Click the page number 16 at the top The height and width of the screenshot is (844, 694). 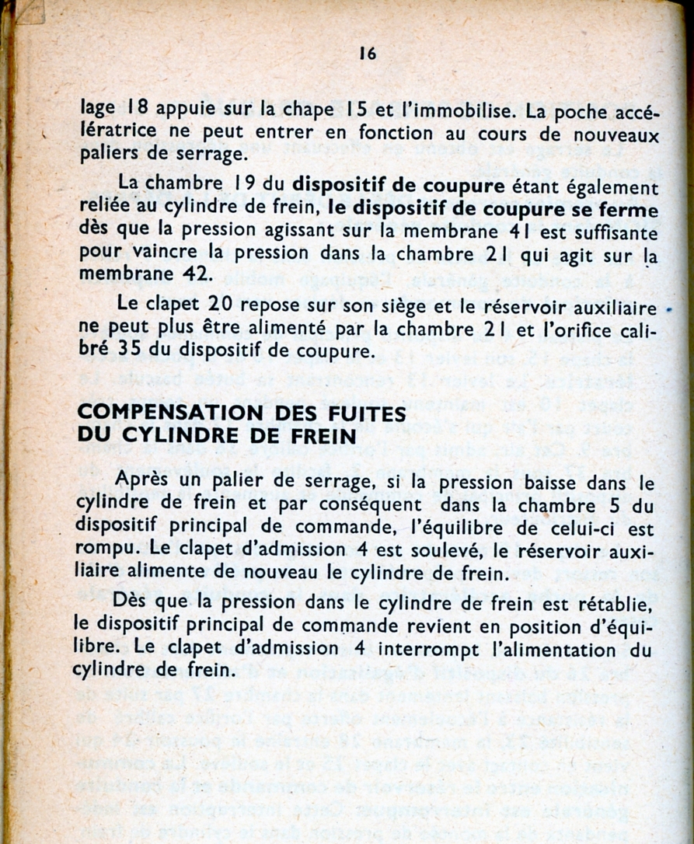click(368, 54)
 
